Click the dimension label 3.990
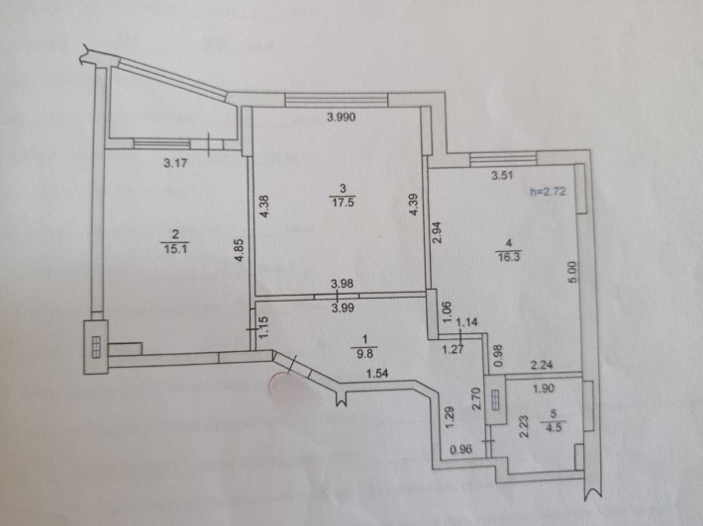(x=342, y=118)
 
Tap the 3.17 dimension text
(x=175, y=163)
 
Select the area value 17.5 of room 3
(x=343, y=203)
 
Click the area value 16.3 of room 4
(x=508, y=257)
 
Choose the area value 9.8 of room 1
(x=367, y=353)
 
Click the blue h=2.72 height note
(x=548, y=192)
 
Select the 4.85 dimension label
(x=240, y=251)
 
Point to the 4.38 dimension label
(x=264, y=207)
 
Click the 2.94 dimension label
(x=437, y=232)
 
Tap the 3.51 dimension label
(x=502, y=175)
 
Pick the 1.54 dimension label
(x=377, y=374)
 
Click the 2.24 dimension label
(x=542, y=366)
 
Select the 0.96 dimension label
(x=460, y=449)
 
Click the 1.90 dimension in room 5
(x=544, y=389)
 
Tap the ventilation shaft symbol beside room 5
(x=495, y=399)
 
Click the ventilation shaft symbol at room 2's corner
(x=96, y=347)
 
